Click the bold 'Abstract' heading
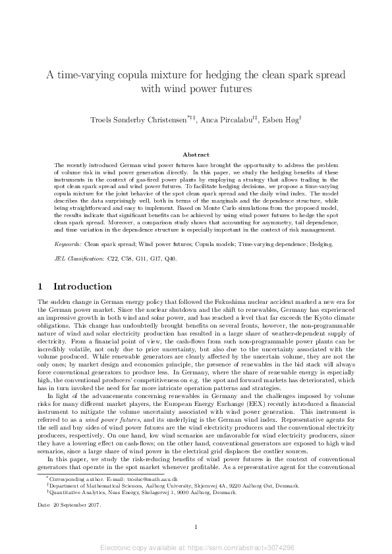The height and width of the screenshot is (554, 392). (x=196, y=155)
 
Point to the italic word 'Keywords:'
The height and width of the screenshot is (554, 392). (x=68, y=243)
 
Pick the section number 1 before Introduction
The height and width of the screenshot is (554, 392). (x=41, y=287)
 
